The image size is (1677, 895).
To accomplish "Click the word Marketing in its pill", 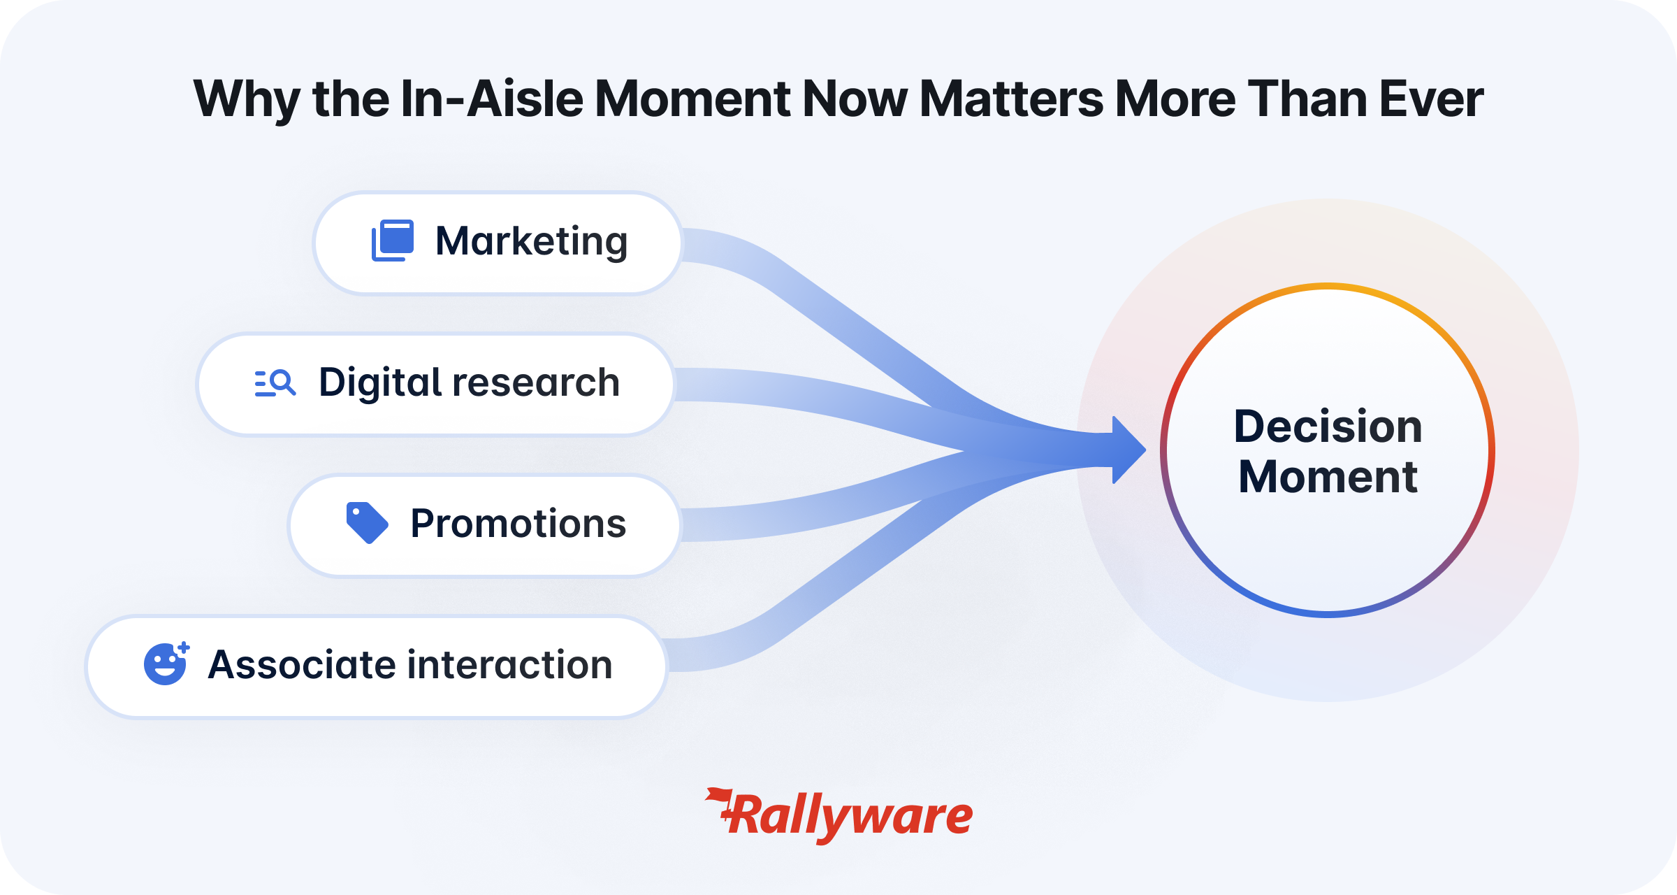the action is point(531,242).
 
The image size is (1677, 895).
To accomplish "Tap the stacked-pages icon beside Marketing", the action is point(393,241).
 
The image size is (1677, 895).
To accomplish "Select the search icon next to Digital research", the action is point(275,383).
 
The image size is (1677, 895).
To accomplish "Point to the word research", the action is point(537,383).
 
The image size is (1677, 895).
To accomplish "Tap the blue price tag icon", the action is point(368,522).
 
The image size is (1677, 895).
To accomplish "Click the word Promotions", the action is point(518,524).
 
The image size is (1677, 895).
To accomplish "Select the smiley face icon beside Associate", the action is point(166,663).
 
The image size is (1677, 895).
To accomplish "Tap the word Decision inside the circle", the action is point(1328,426).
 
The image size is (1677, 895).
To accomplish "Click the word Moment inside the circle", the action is point(1328,477).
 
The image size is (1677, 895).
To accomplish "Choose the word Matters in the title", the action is point(1011,99).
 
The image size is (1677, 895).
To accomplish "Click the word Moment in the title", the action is point(692,99).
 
